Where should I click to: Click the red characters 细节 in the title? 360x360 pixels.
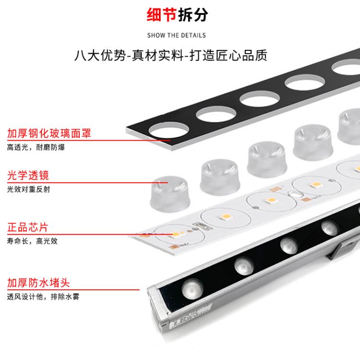[162, 15]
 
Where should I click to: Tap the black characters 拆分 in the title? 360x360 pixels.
[193, 15]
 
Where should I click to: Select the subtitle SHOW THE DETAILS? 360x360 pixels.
[177, 36]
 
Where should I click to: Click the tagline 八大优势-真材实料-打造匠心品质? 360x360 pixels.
[171, 55]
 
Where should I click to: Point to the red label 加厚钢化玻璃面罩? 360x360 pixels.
[49, 133]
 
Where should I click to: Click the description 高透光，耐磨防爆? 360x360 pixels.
[36, 147]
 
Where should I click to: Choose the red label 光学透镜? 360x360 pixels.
[28, 175]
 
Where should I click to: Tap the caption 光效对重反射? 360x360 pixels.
[28, 189]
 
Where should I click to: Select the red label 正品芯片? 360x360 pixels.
[27, 228]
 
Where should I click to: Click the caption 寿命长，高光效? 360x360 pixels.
[32, 241]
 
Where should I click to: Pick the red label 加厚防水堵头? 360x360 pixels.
[38, 283]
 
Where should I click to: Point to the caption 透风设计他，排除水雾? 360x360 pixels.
[43, 297]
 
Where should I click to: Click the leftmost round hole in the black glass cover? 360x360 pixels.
[169, 130]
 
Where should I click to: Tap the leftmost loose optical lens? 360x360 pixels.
[170, 194]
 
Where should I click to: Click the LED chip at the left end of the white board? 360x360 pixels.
[176, 234]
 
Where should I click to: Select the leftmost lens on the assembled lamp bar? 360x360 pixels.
[192, 289]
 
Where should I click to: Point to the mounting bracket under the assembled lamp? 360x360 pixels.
[342, 249]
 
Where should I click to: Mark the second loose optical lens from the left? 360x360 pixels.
[220, 177]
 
